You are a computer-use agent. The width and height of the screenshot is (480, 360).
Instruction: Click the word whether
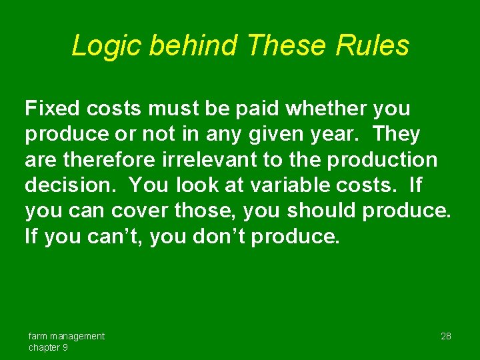click(x=331, y=108)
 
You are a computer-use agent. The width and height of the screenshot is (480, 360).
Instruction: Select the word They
click(x=397, y=134)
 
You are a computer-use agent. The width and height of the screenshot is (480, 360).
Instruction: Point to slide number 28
click(x=445, y=336)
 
